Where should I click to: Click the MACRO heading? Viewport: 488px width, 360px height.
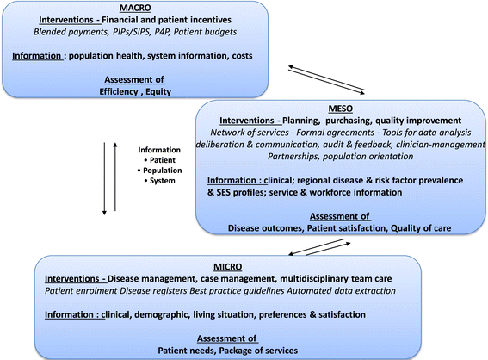click(135, 8)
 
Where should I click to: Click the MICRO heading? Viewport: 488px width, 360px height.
click(227, 267)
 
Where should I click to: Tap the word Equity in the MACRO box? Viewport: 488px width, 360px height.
click(158, 92)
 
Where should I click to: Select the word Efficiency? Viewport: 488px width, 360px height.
click(119, 92)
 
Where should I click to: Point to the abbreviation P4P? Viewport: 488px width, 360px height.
click(162, 32)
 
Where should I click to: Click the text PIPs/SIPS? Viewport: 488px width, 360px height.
click(131, 32)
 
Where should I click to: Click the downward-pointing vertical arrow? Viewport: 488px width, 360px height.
click(104, 179)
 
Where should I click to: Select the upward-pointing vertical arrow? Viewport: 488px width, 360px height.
click(115, 177)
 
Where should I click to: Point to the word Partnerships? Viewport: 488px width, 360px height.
click(293, 157)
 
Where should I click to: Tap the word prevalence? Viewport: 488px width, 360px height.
click(441, 181)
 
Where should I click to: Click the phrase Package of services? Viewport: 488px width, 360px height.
click(258, 351)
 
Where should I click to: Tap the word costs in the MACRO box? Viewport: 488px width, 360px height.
click(242, 56)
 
